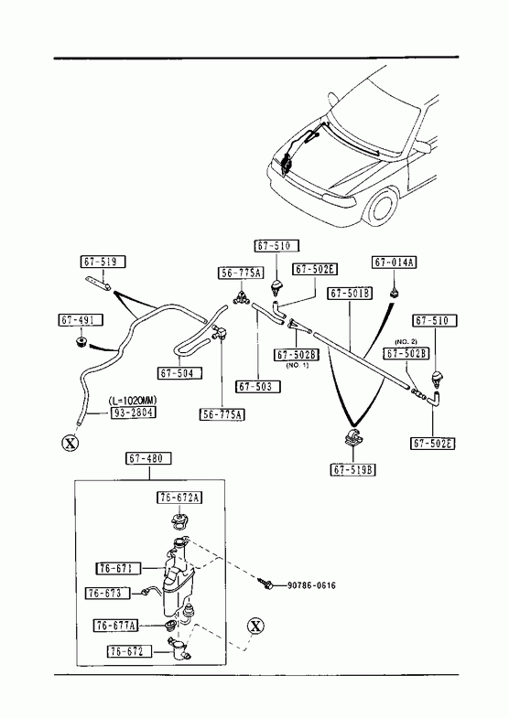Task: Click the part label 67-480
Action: (x=149, y=458)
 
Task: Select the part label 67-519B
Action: (x=352, y=469)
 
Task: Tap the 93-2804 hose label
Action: (x=133, y=413)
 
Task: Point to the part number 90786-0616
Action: (x=311, y=585)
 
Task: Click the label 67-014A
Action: (x=395, y=262)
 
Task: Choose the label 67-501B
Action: (x=350, y=293)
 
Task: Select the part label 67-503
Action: (x=257, y=387)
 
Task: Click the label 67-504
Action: (x=179, y=373)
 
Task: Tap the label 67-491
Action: (x=81, y=319)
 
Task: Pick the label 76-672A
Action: (x=180, y=498)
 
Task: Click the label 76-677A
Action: (x=116, y=625)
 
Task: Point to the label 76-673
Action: (x=108, y=594)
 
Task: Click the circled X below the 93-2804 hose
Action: (x=70, y=444)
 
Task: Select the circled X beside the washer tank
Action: (x=255, y=626)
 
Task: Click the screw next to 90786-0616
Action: (x=267, y=584)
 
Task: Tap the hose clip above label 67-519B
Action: (x=352, y=437)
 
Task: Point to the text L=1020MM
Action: (x=133, y=401)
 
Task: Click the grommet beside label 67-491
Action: (x=81, y=342)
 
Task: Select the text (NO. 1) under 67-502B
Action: (x=298, y=365)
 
